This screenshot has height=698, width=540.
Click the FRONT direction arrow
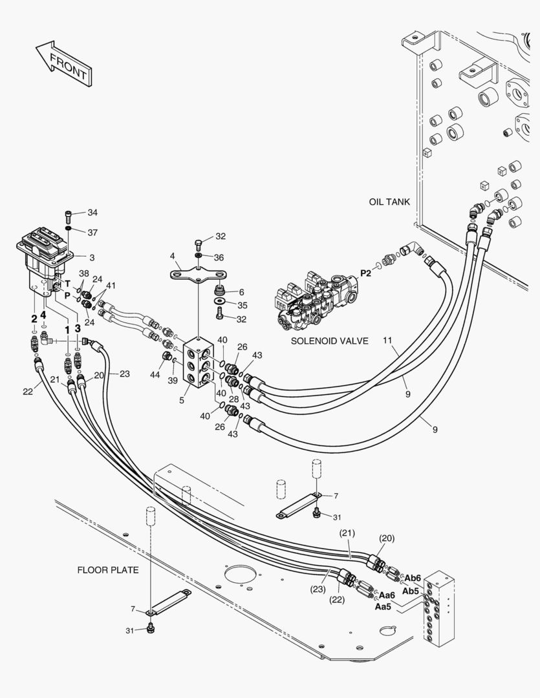click(64, 63)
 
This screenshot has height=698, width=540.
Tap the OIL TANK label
click(389, 202)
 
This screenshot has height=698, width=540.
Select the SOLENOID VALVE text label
click(330, 341)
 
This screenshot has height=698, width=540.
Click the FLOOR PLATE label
click(108, 570)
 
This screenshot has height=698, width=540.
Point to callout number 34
click(92, 213)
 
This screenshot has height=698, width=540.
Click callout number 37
click(92, 233)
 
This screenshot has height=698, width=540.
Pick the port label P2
click(366, 273)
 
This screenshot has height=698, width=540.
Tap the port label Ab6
click(413, 578)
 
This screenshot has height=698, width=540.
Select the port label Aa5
click(383, 606)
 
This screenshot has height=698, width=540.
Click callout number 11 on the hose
click(387, 341)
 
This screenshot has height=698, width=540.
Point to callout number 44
click(155, 375)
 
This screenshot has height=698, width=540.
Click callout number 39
click(173, 380)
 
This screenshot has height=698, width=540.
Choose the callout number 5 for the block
click(182, 401)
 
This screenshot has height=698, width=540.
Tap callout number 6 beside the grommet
click(241, 292)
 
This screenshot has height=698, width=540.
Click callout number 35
click(242, 305)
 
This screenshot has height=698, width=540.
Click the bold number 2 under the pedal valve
click(34, 319)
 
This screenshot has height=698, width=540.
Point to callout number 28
click(234, 399)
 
